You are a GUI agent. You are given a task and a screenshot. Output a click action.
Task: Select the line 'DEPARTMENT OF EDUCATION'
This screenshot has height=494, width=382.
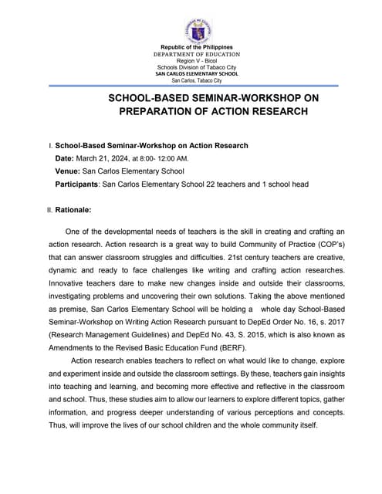tap(196, 55)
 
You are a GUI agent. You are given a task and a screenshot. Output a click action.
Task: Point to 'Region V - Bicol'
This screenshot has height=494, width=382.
tap(196, 61)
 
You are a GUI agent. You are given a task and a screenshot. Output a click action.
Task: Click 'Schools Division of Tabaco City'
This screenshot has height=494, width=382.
tap(196, 67)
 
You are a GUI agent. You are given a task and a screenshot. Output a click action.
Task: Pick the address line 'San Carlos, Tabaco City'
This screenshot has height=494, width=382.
tap(196, 80)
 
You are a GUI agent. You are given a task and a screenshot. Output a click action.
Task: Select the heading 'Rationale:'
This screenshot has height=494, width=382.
tap(73, 209)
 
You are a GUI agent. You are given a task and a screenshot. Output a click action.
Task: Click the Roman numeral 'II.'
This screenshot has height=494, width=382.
tap(50, 209)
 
